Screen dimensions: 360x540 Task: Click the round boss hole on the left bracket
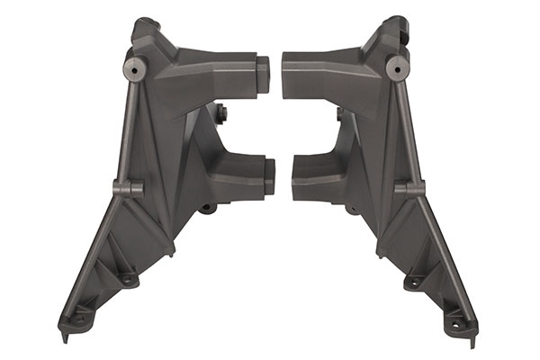click(135, 66)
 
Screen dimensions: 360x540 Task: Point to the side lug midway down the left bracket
click(128, 188)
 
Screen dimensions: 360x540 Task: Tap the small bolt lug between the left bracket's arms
click(220, 113)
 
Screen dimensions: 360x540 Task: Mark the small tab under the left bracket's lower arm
click(208, 208)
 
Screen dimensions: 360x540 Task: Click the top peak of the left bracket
click(144, 24)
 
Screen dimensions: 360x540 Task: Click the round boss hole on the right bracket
click(396, 66)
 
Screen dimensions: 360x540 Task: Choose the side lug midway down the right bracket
click(410, 188)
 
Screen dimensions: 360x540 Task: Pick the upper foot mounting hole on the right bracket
click(413, 280)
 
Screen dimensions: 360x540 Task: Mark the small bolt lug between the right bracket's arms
click(339, 114)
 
